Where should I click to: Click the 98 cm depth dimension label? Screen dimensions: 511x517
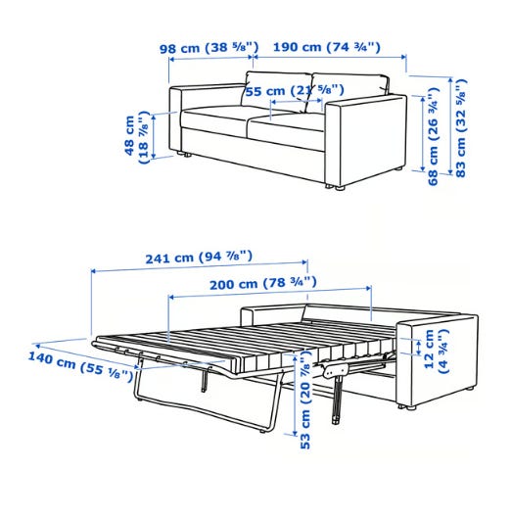pos(209,48)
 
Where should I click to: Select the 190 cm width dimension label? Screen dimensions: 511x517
pos(327,47)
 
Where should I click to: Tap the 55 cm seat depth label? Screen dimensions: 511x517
pos(295,91)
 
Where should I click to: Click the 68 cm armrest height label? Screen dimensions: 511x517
pos(433,136)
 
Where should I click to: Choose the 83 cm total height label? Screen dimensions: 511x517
pos(461,128)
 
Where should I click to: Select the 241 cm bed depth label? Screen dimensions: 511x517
pos(199,257)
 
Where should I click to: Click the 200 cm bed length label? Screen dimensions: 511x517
pos(263,283)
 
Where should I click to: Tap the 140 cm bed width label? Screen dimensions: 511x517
pos(80,366)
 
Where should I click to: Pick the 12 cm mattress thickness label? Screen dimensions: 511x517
pos(436,351)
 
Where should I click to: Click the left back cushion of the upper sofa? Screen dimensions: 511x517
pos(277,90)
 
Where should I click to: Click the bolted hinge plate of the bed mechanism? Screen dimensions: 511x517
pos(335,369)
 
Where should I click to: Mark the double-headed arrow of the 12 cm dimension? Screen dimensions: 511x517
pos(419,348)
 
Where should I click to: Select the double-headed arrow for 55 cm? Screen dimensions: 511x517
pos(296,101)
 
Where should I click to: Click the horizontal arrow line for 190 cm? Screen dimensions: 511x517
pos(330,57)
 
